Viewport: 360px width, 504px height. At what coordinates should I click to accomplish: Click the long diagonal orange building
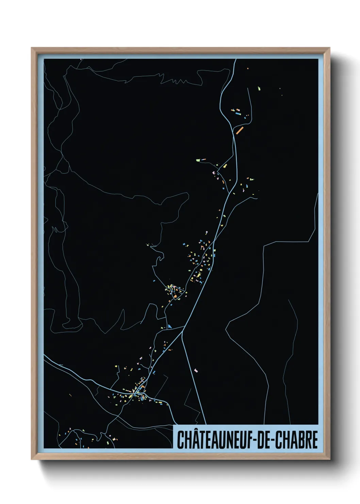tap(240, 130)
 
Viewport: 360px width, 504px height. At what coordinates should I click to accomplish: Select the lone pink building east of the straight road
tap(196, 370)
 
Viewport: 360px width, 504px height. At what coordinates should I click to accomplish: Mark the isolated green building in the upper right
tap(259, 89)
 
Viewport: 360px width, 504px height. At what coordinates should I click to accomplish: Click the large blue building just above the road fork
tap(170, 327)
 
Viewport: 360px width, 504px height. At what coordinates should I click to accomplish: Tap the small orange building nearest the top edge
tap(248, 68)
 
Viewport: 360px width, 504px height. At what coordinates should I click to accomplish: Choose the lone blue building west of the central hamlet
tap(154, 281)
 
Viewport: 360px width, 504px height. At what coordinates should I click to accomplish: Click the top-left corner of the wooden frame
tap(32, 48)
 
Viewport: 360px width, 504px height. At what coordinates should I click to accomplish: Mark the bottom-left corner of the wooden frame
tap(32, 459)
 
